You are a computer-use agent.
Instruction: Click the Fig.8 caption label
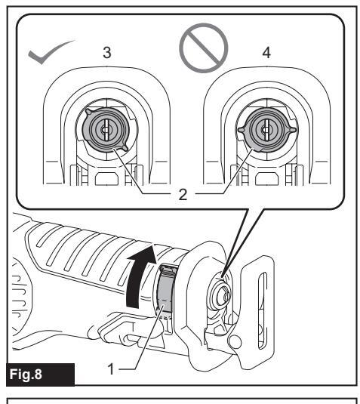(x=26, y=374)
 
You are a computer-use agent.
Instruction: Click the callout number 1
(x=111, y=369)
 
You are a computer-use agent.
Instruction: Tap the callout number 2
(x=183, y=195)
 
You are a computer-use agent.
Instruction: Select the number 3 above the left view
(x=107, y=53)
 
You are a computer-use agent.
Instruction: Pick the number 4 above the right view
(x=266, y=53)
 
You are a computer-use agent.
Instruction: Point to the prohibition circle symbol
(x=204, y=48)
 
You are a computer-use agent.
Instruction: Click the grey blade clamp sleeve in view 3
(x=105, y=130)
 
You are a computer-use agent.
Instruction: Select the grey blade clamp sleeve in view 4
(x=266, y=130)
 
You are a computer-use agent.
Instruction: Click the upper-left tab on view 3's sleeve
(x=88, y=112)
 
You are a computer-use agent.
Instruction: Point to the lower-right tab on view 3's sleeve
(x=124, y=148)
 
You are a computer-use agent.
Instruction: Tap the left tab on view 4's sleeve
(x=241, y=130)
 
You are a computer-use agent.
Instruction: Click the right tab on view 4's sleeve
(x=293, y=130)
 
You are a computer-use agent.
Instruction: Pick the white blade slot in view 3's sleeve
(x=106, y=130)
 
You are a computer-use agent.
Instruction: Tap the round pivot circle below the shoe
(x=235, y=342)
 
